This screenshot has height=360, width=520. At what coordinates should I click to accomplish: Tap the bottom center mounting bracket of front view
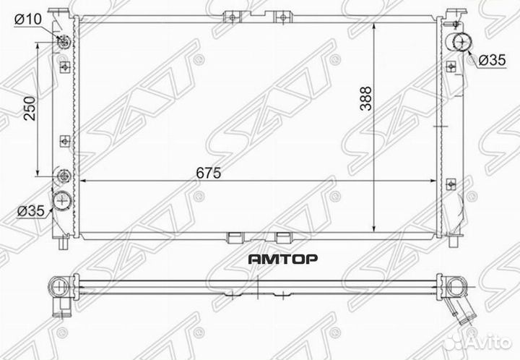[x=235, y=236]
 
